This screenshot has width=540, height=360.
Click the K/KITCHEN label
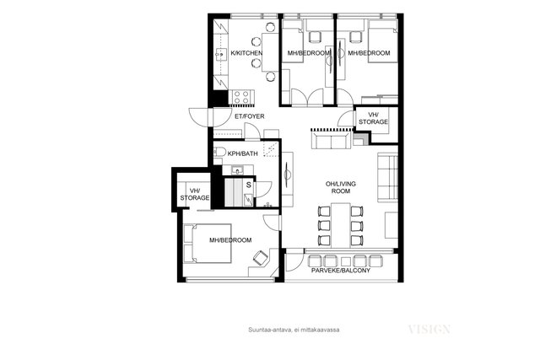(x=246, y=53)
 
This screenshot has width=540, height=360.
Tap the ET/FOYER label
(x=250, y=116)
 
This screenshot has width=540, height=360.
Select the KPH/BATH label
(x=242, y=153)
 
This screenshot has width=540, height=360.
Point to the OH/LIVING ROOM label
(x=340, y=187)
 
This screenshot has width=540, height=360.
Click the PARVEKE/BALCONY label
(x=341, y=271)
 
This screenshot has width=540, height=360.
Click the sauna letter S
(x=249, y=185)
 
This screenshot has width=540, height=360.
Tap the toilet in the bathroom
(x=219, y=152)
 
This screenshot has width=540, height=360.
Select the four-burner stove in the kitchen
(x=241, y=97)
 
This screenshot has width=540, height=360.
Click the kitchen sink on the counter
(x=219, y=54)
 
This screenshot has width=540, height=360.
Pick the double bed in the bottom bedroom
(x=208, y=244)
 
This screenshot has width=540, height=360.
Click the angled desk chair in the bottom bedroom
(x=261, y=258)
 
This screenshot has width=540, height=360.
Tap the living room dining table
(x=341, y=225)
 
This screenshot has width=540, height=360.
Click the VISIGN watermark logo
(x=429, y=330)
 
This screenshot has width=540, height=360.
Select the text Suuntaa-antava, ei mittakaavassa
(x=294, y=330)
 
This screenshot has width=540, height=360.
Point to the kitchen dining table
(x=270, y=52)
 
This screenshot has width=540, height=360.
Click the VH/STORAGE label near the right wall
(x=373, y=118)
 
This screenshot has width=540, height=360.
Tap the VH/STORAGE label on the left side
(x=195, y=195)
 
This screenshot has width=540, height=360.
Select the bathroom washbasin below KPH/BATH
(x=238, y=170)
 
